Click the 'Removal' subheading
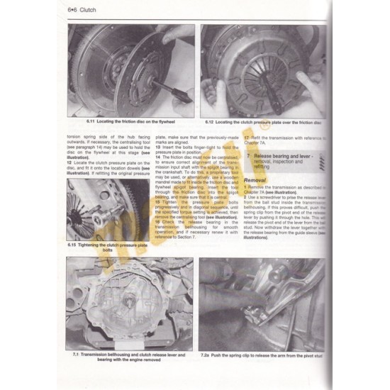point(255,180)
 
